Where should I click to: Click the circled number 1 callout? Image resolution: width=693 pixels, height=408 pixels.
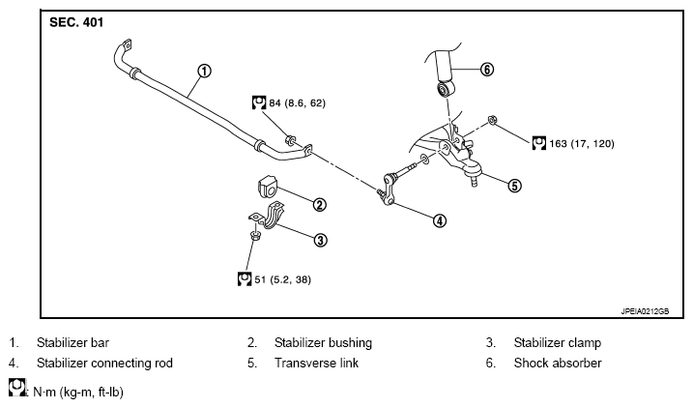click(204, 71)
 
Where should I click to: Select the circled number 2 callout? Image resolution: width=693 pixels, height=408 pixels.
click(320, 205)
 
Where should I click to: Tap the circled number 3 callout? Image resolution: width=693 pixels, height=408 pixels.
click(321, 240)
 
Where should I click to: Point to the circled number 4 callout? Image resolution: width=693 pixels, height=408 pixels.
click(440, 220)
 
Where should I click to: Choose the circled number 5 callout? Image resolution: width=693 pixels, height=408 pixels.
click(514, 186)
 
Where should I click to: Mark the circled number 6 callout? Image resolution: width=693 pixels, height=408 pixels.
click(486, 70)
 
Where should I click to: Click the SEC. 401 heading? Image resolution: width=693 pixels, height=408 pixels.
click(76, 22)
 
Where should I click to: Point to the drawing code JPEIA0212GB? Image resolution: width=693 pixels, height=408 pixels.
click(645, 311)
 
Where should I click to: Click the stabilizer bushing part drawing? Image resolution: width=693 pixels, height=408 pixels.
click(267, 186)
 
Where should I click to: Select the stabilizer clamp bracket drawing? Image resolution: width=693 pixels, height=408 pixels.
click(267, 216)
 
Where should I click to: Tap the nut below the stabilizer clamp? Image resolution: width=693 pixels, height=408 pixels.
click(254, 235)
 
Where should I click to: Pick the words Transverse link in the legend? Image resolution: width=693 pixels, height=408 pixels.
click(316, 363)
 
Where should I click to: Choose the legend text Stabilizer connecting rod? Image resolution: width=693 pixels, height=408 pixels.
click(104, 363)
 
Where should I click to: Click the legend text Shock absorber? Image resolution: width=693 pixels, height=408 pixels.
click(558, 363)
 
